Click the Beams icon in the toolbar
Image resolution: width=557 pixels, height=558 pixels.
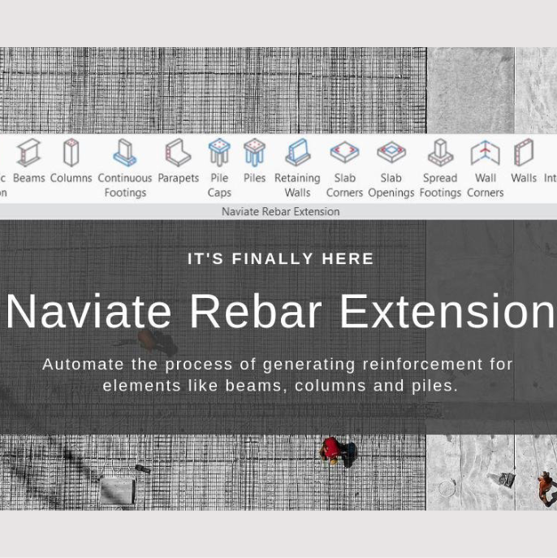pos(28,153)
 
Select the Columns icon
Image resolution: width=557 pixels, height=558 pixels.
pos(71,153)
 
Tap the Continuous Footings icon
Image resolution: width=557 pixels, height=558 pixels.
pos(124,153)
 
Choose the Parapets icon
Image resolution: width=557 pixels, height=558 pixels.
pos(178,153)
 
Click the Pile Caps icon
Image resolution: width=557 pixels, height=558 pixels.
pos(219,153)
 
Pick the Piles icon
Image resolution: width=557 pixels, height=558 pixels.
pos(254,153)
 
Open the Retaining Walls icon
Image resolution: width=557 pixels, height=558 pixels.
pos(297,153)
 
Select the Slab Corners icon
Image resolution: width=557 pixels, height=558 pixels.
pos(344,153)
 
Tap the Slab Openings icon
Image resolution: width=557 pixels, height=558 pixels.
pos(391,153)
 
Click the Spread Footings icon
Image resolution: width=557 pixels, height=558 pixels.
pos(440,153)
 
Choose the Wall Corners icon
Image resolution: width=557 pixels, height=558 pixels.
pos(485,153)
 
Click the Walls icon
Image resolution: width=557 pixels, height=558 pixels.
pos(523,153)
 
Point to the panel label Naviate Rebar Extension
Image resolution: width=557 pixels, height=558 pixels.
pos(280,211)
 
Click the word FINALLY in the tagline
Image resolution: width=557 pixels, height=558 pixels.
pos(273,258)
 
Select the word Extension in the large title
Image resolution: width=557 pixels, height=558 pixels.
pos(447,311)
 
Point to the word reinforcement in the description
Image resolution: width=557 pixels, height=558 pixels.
pos(415,364)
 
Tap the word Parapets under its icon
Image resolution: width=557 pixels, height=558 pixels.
pos(178,178)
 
